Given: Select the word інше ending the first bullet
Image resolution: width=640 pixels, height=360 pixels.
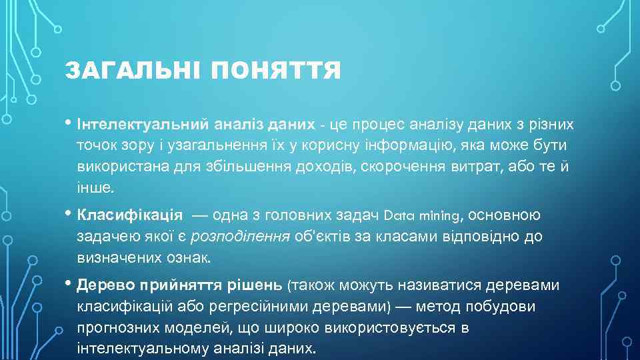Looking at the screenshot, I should pyautogui.click(x=94, y=187).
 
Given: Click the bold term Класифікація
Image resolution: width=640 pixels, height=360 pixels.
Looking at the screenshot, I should pyautogui.click(x=130, y=215).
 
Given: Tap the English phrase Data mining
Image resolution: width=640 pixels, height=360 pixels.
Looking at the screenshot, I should pyautogui.click(x=422, y=215).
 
